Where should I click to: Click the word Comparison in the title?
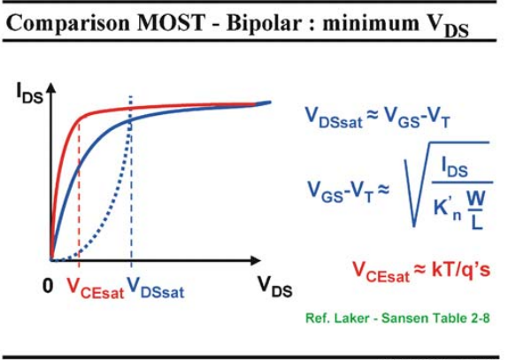tap(68, 23)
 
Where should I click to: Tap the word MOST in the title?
tap(172, 23)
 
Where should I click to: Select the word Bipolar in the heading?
tap(264, 24)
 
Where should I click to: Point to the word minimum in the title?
tap(371, 24)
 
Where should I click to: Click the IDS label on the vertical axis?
tap(29, 94)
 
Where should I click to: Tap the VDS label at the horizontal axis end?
tap(275, 287)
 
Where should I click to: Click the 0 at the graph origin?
tap(48, 286)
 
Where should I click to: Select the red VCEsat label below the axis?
tap(95, 288)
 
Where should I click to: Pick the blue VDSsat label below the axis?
tap(156, 288)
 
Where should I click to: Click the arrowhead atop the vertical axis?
tap(50, 88)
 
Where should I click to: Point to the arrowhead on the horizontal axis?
tap(256, 260)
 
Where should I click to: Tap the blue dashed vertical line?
tap(131, 181)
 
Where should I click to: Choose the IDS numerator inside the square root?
tap(455, 168)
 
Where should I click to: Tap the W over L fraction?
tap(476, 210)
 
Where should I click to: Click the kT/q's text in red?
tap(461, 270)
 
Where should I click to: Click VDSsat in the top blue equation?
tap(334, 117)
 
